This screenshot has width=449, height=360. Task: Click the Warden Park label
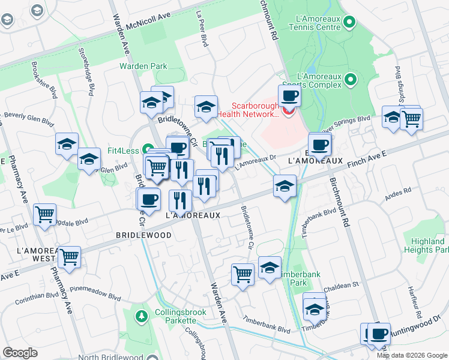click(x=143, y=66)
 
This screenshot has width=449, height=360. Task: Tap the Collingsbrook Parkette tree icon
click(x=141, y=315)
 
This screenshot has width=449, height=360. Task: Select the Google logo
click(x=20, y=353)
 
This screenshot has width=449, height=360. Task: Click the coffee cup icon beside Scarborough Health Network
click(x=289, y=95)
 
